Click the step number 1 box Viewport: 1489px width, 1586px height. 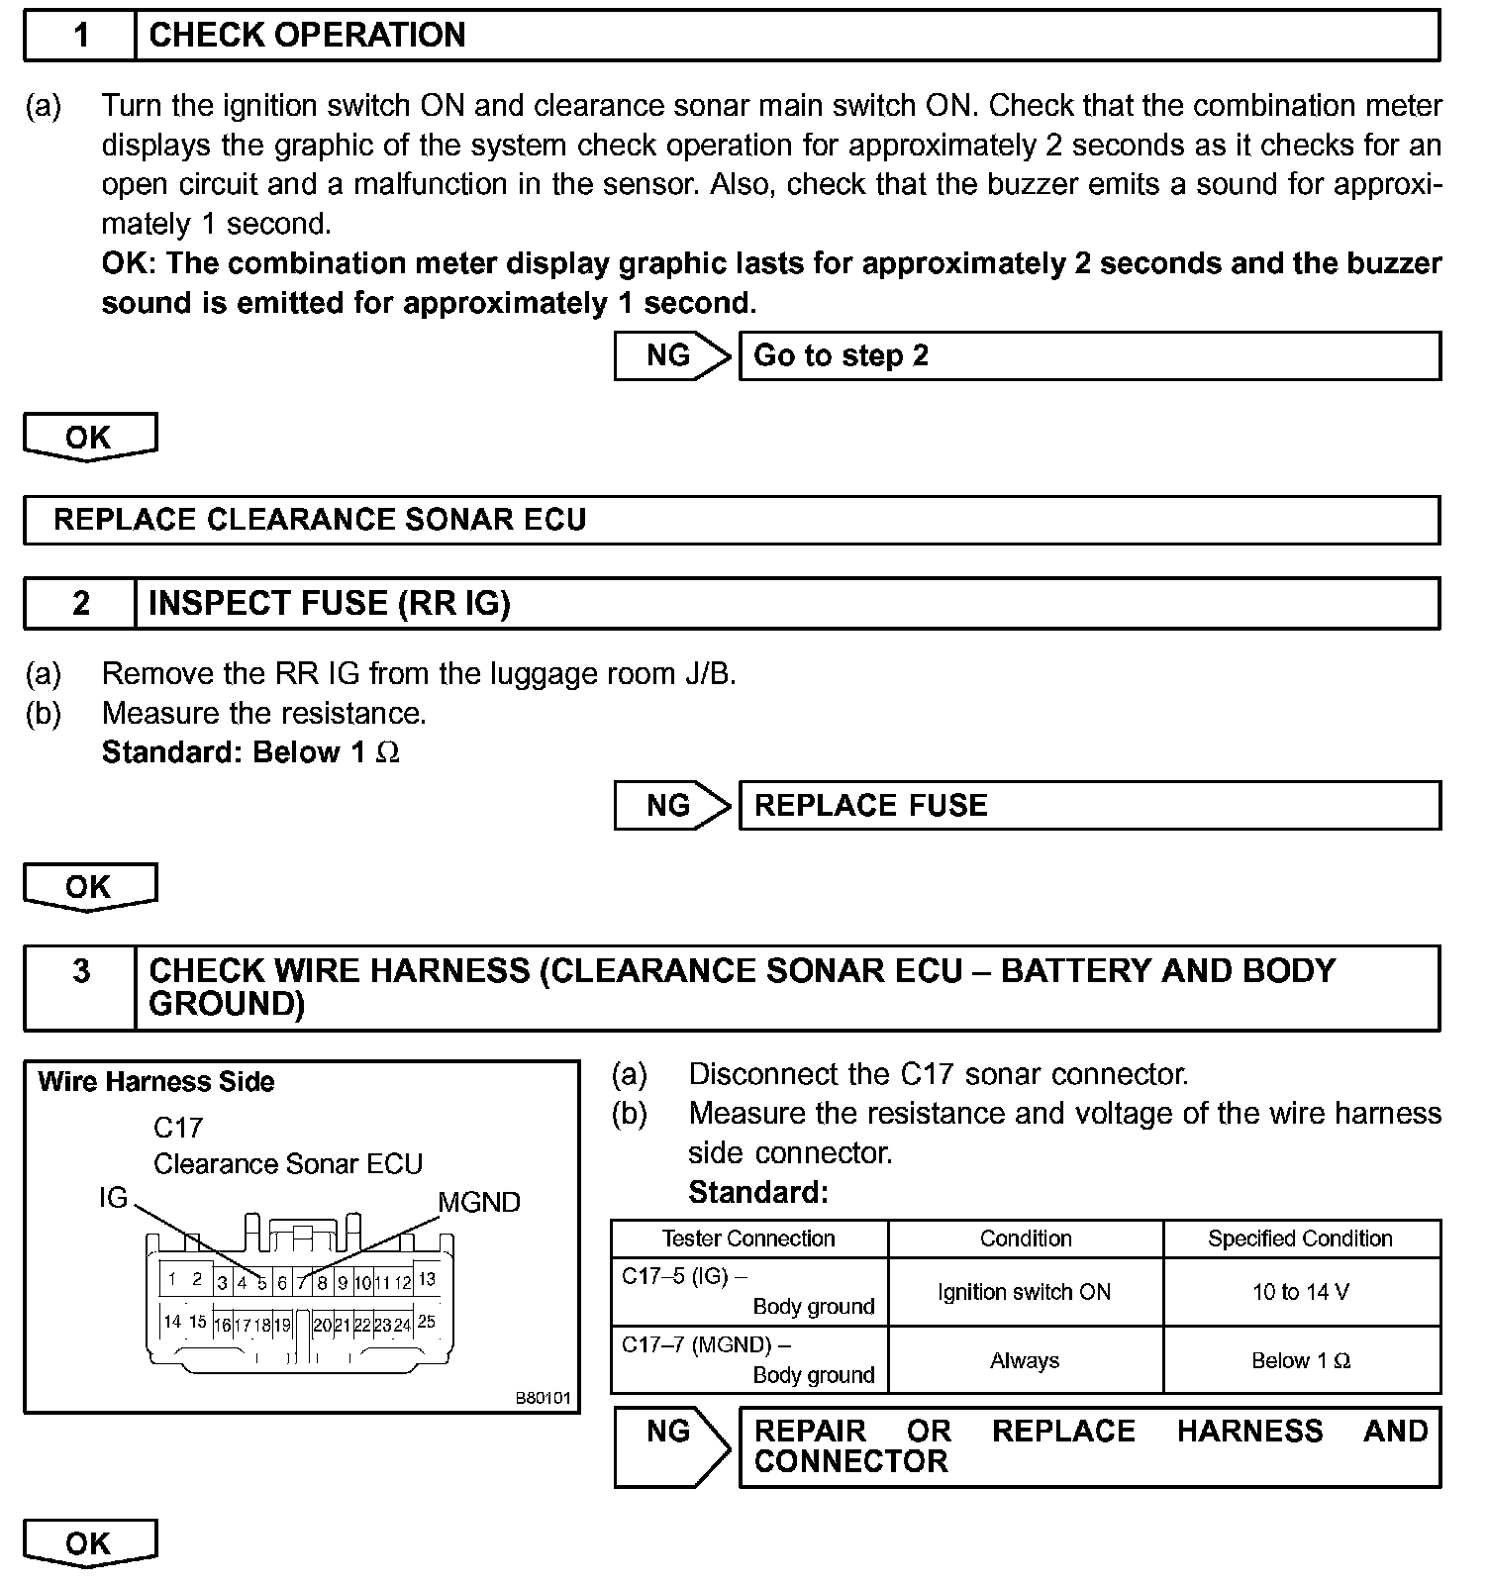pos(80,36)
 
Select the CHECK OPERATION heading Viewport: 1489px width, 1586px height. pos(307,36)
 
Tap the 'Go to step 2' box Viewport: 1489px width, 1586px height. pos(1089,356)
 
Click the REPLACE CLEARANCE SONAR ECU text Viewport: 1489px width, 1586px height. pos(320,520)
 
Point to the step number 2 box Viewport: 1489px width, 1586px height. pos(80,603)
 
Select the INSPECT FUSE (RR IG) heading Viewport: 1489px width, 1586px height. pos(329,603)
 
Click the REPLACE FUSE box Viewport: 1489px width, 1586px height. pos(1089,805)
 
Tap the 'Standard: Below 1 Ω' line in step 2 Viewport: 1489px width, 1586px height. pos(250,752)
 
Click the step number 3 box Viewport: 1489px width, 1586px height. pos(80,971)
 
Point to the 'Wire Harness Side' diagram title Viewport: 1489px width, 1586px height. pos(155,1081)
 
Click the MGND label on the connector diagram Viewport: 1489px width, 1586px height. pos(479,1202)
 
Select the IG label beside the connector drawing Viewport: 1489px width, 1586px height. pos(114,1198)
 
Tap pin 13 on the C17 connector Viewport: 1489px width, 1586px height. pos(427,1279)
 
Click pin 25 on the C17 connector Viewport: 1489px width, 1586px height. pos(427,1322)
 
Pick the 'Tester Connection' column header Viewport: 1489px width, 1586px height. pos(748,1239)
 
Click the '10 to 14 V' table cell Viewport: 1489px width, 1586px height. pos(1301,1292)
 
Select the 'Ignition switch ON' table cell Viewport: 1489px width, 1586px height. pos(1025,1292)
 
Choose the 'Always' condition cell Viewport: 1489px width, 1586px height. pos(1025,1361)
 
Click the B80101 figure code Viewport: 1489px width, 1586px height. pos(543,1398)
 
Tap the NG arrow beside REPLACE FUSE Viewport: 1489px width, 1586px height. pos(671,805)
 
